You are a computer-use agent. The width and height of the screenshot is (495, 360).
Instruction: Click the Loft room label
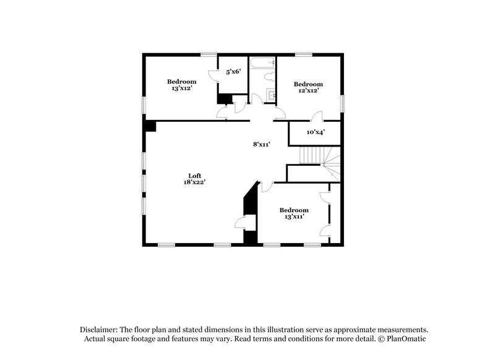[195, 175]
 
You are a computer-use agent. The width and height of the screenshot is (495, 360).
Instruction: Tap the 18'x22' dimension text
[195, 182]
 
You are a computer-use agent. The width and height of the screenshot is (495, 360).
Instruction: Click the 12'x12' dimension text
[308, 91]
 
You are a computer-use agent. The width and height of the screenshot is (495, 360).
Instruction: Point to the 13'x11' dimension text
[293, 217]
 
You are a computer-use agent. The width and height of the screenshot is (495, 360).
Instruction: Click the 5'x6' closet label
[233, 72]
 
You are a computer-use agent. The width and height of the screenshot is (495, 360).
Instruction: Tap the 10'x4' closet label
[316, 132]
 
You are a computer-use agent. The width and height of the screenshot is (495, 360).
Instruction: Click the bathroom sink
[270, 94]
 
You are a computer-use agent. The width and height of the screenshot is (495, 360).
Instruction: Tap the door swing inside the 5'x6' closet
[213, 74]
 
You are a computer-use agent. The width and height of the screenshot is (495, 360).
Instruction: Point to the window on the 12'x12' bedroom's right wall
[342, 103]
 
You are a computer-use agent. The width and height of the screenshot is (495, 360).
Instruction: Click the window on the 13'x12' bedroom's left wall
[144, 104]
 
